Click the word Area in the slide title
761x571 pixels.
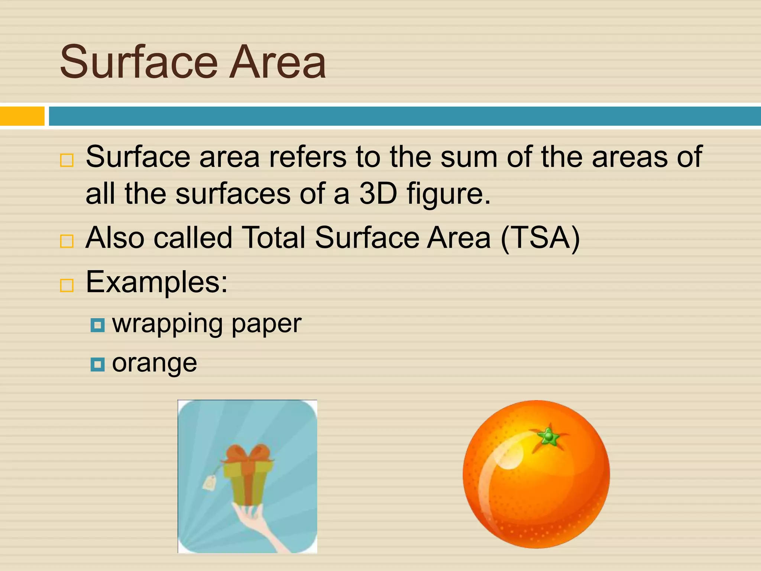278,62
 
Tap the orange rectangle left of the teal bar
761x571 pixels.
22,116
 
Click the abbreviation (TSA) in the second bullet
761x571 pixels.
540,238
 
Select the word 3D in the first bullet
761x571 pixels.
378,194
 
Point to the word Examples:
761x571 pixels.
156,282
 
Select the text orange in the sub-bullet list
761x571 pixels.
155,364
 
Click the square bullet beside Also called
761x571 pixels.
67,241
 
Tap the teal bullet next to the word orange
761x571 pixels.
98,365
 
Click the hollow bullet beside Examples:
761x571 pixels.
67,285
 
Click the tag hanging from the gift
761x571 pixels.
209,483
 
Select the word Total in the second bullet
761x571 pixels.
273,238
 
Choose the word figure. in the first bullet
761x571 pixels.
449,194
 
